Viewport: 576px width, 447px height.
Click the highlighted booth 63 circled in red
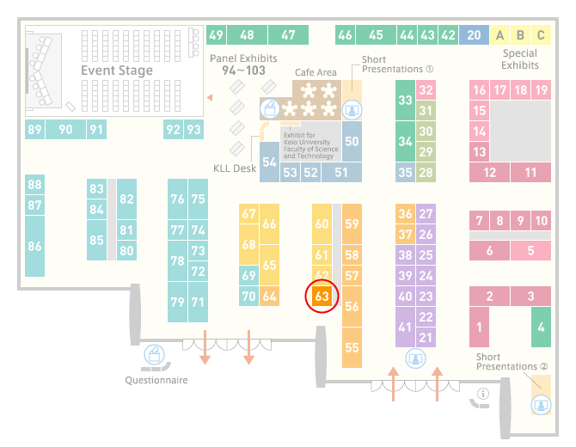pos(322,296)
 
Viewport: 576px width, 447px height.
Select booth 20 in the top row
pos(474,35)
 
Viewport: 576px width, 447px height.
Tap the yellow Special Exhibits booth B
pos(520,35)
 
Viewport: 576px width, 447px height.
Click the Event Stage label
pos(117,70)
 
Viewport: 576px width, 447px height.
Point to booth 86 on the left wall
pos(35,246)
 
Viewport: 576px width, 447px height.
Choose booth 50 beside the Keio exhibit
pos(352,142)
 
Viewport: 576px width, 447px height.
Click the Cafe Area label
pos(316,72)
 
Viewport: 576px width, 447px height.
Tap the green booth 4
pos(541,327)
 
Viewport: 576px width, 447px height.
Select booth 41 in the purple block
pos(405,327)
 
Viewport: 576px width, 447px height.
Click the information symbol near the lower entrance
pos(483,394)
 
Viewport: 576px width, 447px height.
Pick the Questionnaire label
pos(156,380)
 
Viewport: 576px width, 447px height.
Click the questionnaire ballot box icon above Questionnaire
pos(154,354)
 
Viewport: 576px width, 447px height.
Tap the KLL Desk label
pos(235,168)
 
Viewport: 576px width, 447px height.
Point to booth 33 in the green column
pos(405,100)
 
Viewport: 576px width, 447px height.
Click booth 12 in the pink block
pos(489,172)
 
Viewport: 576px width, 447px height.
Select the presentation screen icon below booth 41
pos(415,358)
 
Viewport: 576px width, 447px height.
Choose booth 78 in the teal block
pos(177,260)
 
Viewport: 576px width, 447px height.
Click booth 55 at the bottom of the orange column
pos(352,347)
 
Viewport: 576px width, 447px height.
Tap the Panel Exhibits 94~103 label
pos(243,64)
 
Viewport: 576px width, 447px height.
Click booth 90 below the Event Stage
pos(65,129)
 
